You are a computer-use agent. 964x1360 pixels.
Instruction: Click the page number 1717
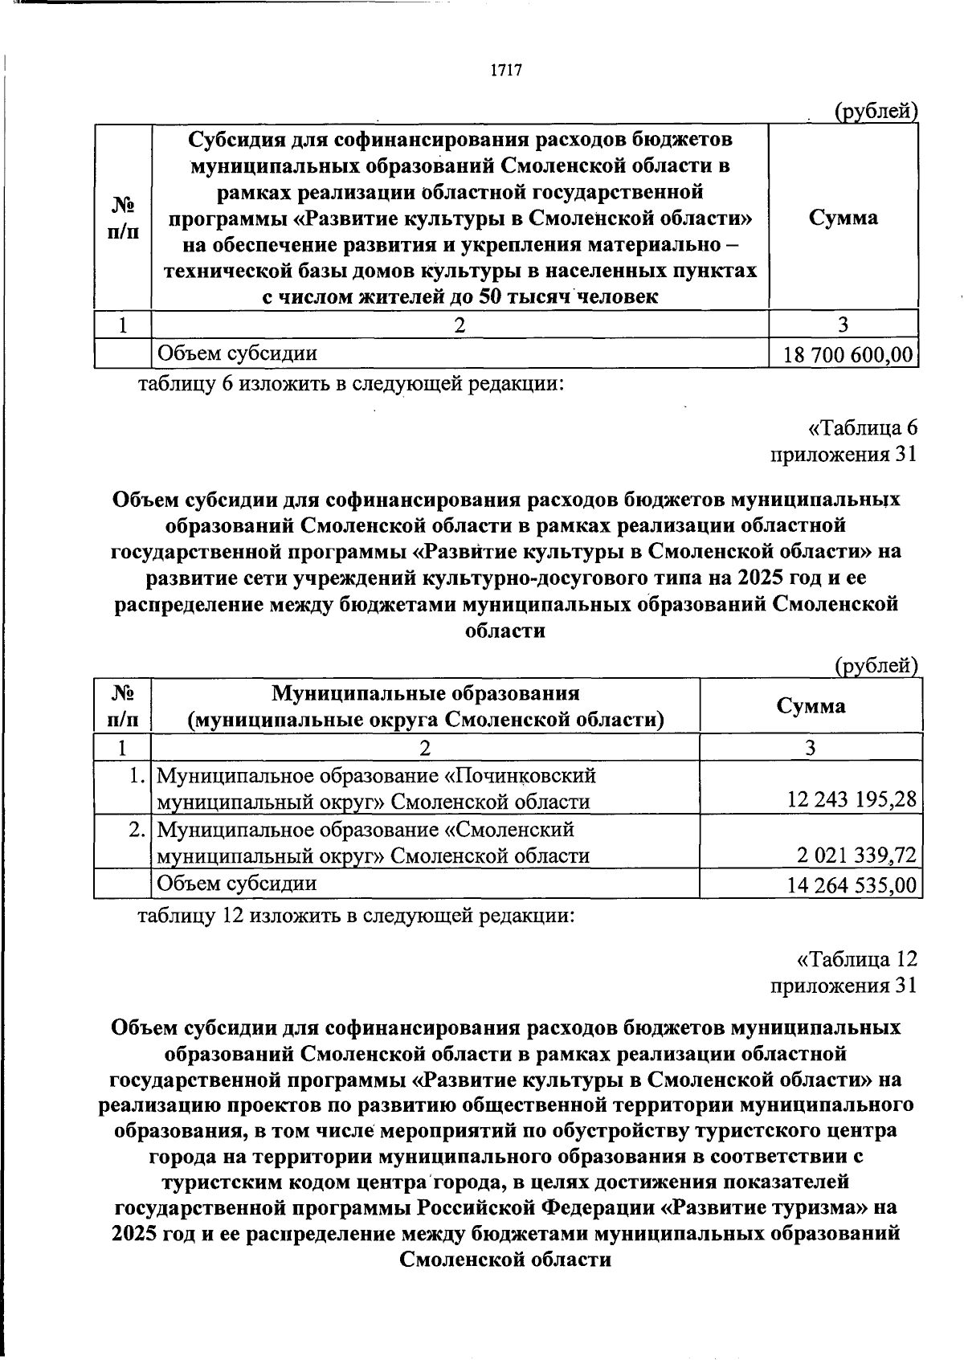pyautogui.click(x=506, y=71)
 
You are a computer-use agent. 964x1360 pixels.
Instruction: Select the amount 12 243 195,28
pyautogui.click(x=852, y=801)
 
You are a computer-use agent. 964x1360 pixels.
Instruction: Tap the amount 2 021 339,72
pyautogui.click(x=857, y=855)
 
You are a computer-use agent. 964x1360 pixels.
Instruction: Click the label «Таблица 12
pyautogui.click(x=856, y=959)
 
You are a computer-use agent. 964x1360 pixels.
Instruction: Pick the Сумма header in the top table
pyautogui.click(x=843, y=218)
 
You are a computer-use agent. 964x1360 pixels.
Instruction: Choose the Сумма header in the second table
pyautogui.click(x=811, y=705)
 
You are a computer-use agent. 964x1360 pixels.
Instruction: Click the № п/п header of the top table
pyautogui.click(x=122, y=218)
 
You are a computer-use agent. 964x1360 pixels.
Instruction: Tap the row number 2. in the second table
pyautogui.click(x=137, y=828)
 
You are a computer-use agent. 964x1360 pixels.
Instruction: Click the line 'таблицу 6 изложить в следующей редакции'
pyautogui.click(x=351, y=384)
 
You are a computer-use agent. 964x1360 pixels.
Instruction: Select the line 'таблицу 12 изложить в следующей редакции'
pyautogui.click(x=356, y=915)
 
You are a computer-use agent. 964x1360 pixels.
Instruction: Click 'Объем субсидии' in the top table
pyautogui.click(x=237, y=353)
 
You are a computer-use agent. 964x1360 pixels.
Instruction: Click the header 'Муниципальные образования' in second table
pyautogui.click(x=425, y=693)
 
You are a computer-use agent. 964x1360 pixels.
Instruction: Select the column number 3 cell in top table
pyautogui.click(x=843, y=325)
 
